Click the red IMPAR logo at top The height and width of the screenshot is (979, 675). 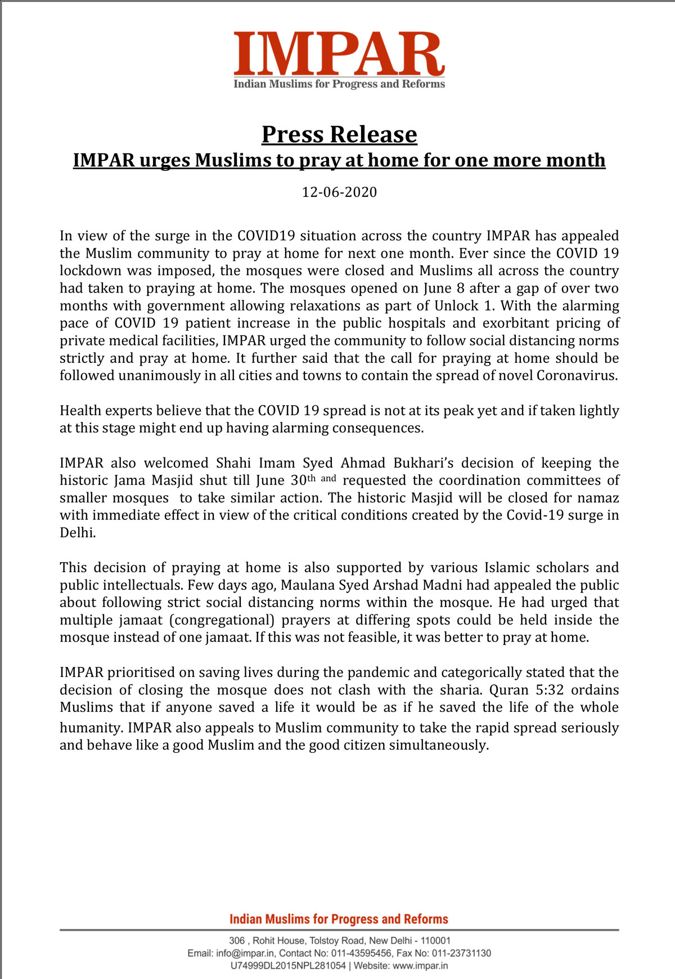tap(339, 54)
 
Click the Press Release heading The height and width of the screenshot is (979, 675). tap(339, 134)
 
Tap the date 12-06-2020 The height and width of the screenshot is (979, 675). tap(339, 192)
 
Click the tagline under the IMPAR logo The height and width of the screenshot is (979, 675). tap(339, 84)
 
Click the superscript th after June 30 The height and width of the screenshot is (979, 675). tap(311, 478)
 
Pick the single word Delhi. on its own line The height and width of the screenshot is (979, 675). tap(78, 533)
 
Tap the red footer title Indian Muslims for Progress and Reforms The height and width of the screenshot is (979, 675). tap(339, 919)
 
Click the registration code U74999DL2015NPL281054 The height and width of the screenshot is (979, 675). tap(288, 966)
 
